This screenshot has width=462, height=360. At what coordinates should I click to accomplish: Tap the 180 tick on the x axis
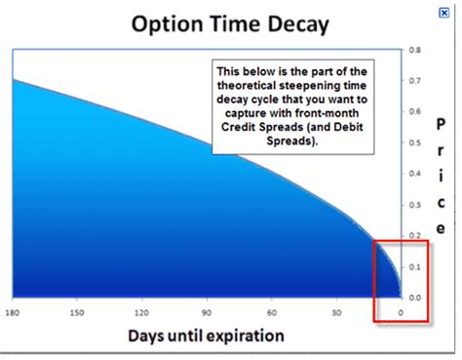click(12, 312)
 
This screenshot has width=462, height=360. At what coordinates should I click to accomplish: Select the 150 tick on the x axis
click(77, 312)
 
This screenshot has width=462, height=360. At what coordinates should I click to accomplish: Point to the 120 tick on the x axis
click(141, 312)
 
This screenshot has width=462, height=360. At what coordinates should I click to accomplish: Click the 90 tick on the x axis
click(207, 312)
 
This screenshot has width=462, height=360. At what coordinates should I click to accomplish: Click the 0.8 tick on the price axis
click(414, 49)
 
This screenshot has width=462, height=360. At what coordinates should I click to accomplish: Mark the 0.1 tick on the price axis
click(414, 266)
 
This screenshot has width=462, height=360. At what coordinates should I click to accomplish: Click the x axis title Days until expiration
click(207, 338)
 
